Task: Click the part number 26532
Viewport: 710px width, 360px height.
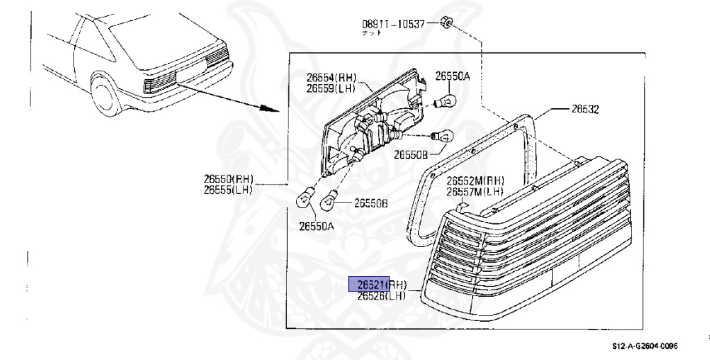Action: pyautogui.click(x=585, y=110)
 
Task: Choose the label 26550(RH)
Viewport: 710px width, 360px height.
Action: pyautogui.click(x=230, y=179)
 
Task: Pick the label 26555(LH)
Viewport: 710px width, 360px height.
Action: pyautogui.click(x=230, y=189)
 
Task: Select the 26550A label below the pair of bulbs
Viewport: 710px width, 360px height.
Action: pyautogui.click(x=316, y=225)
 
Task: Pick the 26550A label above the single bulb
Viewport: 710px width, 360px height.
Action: pyautogui.click(x=452, y=76)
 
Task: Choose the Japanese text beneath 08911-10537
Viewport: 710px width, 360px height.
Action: pyautogui.click(x=372, y=33)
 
